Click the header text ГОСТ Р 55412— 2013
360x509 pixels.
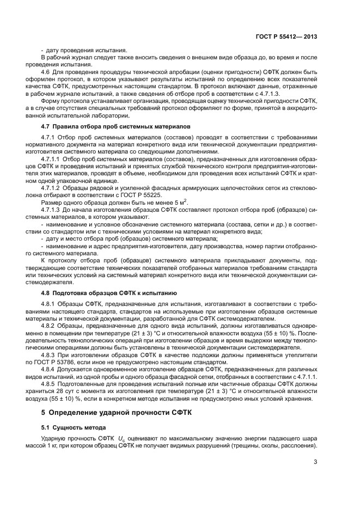(286, 36)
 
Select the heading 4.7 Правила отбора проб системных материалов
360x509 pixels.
(116, 126)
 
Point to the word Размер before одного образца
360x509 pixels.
(52, 217)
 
